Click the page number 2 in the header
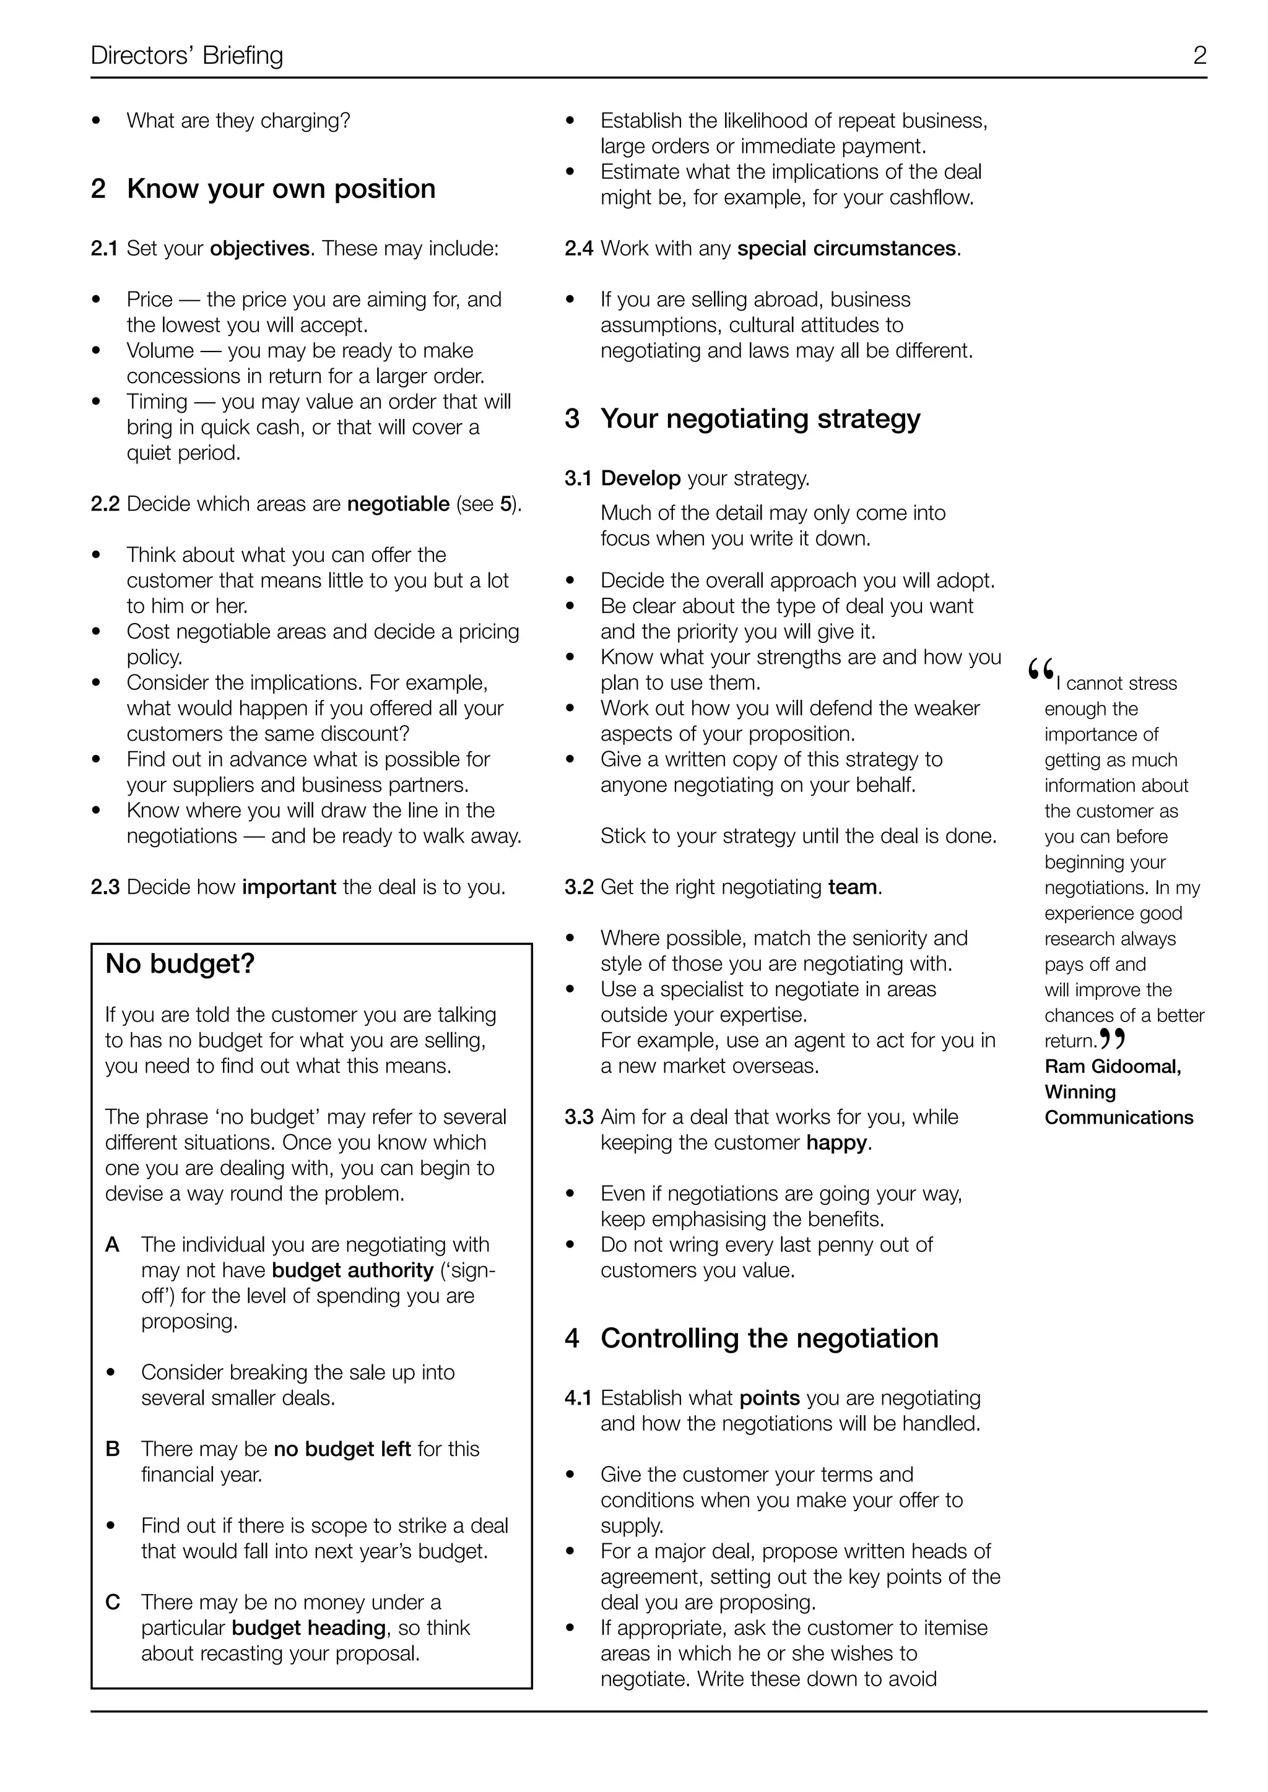(1199, 56)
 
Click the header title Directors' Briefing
(186, 56)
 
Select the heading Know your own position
(281, 189)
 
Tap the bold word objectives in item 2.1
(260, 248)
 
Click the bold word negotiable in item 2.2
(398, 504)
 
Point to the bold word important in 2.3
(289, 887)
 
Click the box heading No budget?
(180, 964)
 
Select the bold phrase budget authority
(352, 1270)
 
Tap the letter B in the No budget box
(113, 1449)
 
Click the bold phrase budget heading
(308, 1628)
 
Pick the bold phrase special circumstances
(846, 248)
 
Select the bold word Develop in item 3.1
(640, 478)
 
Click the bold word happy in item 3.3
(836, 1143)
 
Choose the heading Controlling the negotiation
(769, 1338)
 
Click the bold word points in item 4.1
(769, 1398)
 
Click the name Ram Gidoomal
(1112, 1067)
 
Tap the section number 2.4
(578, 248)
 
